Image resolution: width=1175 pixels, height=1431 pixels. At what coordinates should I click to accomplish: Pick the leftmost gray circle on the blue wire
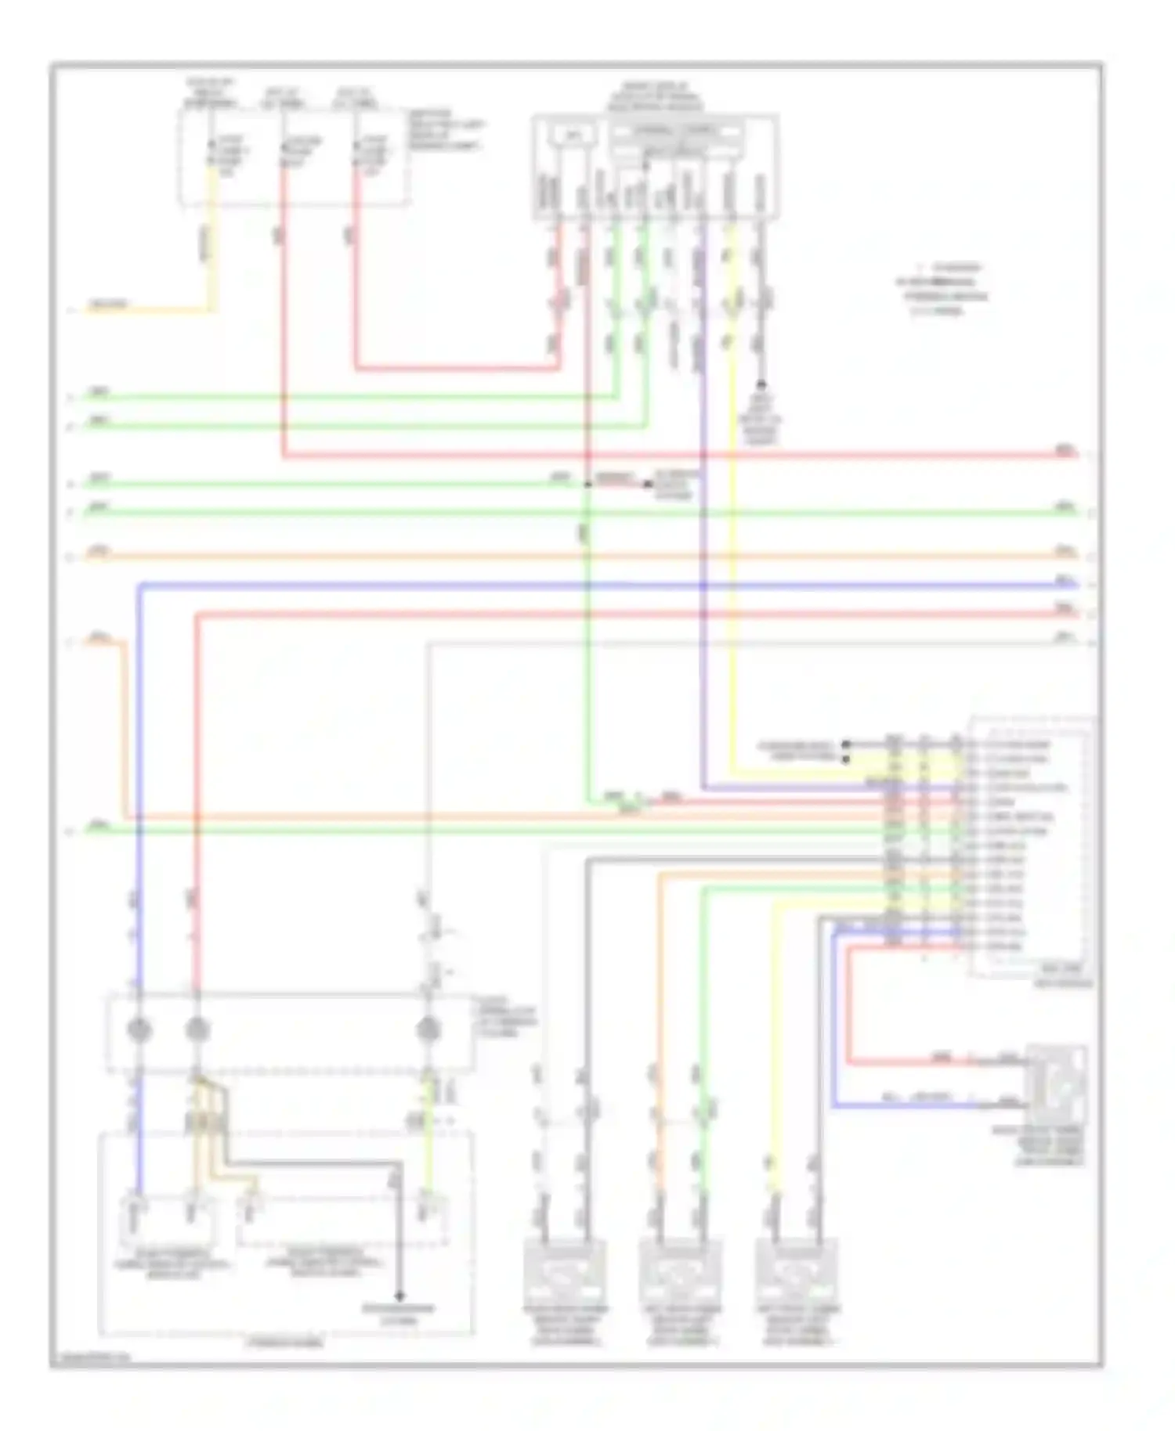coord(139,1030)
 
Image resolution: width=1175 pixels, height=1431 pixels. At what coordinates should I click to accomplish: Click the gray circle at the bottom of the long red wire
coord(197,1030)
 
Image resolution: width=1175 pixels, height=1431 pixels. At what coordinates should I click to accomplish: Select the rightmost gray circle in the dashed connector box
coord(428,1030)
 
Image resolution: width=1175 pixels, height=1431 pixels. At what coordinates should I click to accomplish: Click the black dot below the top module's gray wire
coord(761,385)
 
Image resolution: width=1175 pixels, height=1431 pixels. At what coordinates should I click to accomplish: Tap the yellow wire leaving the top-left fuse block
coord(210,235)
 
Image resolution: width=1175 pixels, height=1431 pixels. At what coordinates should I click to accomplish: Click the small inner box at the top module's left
coord(573,135)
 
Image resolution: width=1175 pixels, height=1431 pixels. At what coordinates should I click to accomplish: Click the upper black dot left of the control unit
coord(846,744)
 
